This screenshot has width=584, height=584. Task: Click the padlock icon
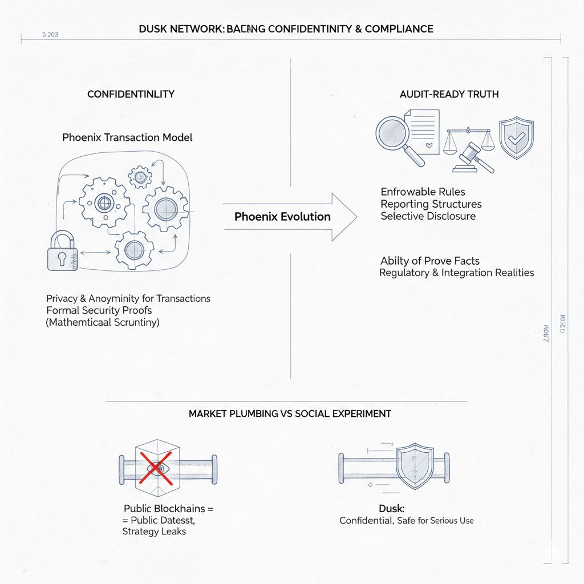coord(61,252)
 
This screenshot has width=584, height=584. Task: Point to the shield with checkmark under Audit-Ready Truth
coord(516,137)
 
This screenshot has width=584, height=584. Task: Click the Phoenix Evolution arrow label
coord(282,217)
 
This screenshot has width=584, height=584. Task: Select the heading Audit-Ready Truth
coord(449,94)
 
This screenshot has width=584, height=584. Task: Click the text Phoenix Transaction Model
coord(127,137)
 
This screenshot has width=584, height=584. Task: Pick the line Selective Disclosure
coord(428,216)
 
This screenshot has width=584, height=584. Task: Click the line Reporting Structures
coord(431,204)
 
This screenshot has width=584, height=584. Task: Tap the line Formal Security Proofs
coord(99,310)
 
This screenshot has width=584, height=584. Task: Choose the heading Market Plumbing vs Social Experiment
coord(290,413)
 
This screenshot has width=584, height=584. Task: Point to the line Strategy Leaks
coord(154,532)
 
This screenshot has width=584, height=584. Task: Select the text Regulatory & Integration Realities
coord(456,273)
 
